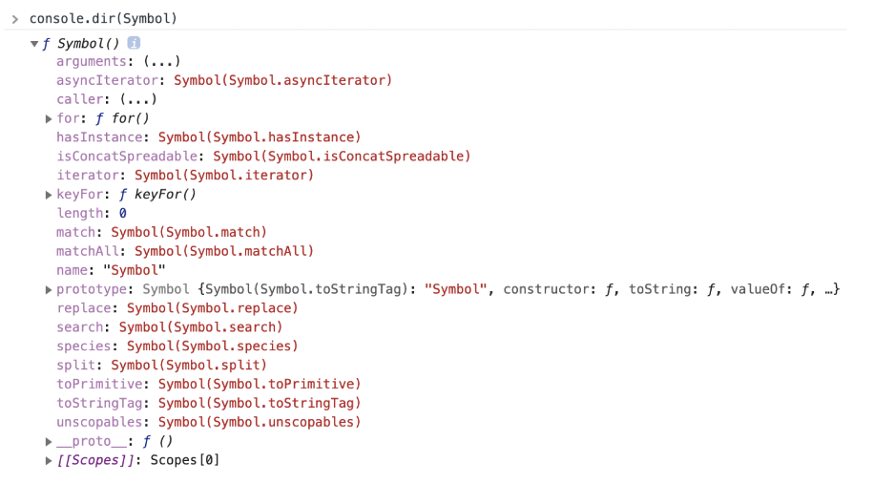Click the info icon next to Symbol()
135,43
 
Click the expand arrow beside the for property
49,119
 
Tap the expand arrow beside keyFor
49,195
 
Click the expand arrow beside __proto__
49,442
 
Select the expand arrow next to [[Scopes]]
49,461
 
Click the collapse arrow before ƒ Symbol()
34,44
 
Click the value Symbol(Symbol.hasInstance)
260,137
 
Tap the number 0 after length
123,214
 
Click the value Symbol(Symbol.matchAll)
224,251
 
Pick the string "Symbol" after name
135,270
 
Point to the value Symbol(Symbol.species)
213,346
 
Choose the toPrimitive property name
99,384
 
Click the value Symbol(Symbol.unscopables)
260,422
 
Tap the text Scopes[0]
185,460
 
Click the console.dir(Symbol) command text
103,18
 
